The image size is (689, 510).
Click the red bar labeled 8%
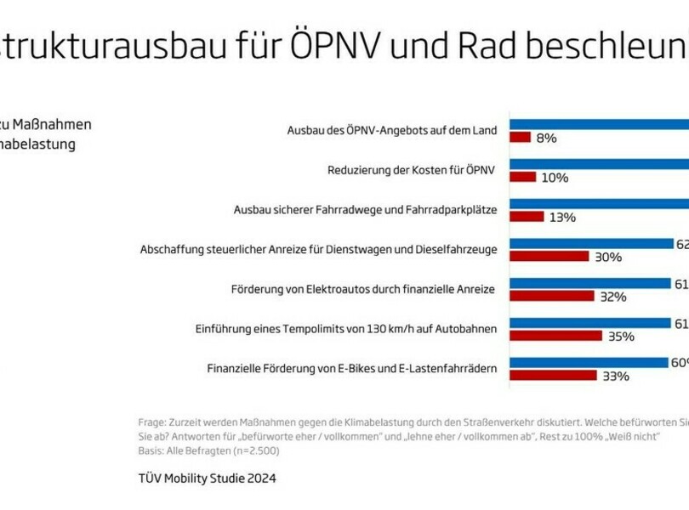point(521,137)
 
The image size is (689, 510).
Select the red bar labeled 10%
point(523,177)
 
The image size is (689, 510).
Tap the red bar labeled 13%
point(527,216)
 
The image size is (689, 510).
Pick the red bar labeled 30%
point(549,256)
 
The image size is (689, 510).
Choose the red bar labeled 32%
point(551,296)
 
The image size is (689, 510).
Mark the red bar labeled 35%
point(555,335)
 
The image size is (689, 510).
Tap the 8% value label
point(546,138)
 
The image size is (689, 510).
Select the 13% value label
point(562,217)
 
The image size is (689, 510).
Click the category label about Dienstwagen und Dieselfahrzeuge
point(318,250)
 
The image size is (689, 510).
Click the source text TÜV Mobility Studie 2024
point(207,479)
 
